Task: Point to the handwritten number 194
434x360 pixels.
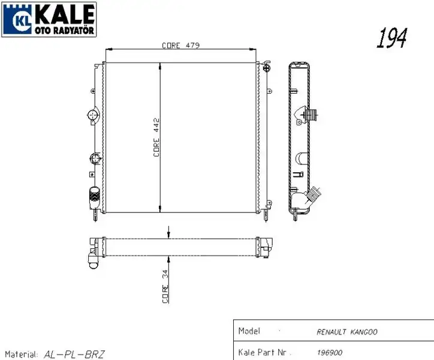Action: [391, 38]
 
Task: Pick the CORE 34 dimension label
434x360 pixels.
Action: [165, 287]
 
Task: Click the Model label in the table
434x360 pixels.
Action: [249, 331]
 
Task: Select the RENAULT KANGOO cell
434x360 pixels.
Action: [346, 332]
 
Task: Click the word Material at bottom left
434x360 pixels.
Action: [22, 354]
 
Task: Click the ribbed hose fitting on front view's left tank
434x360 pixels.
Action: [94, 197]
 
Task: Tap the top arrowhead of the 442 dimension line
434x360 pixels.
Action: [160, 65]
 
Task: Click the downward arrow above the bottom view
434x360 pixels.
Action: [168, 233]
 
